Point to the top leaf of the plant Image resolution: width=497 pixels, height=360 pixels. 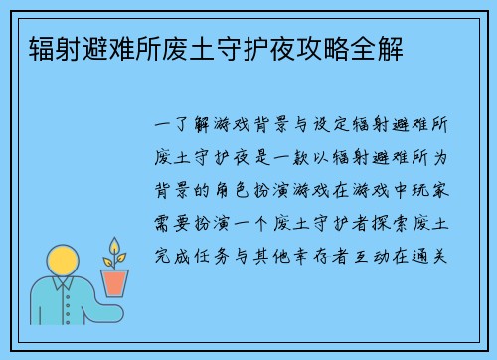coord(116,245)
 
